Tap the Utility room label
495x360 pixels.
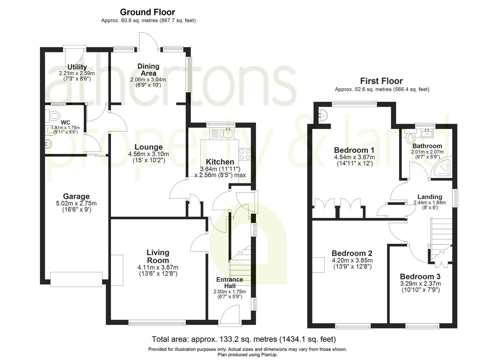77,67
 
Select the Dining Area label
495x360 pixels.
148,70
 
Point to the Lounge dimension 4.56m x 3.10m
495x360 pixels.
148,154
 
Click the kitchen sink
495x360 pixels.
228,133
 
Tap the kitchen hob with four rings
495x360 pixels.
245,155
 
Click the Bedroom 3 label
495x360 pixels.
420,277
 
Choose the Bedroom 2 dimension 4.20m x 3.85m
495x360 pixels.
352,261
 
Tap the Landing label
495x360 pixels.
430,197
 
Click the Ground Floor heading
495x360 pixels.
147,12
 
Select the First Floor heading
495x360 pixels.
381,81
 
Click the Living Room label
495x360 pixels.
158,256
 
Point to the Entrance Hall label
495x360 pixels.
230,283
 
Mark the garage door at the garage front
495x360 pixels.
76,279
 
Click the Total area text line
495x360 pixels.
244,339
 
